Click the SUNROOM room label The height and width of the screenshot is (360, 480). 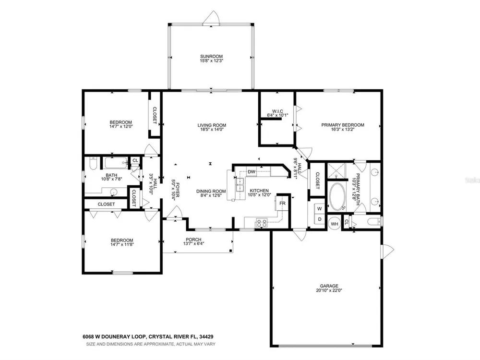(x=211, y=56)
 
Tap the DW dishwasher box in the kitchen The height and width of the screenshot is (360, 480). (x=252, y=172)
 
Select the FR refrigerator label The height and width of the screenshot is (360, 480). (x=282, y=203)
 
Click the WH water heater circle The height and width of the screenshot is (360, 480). (x=334, y=224)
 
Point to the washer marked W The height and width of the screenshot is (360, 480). (x=320, y=209)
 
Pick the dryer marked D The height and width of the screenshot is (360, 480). (x=320, y=219)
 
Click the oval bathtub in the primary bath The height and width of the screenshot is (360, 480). (x=337, y=196)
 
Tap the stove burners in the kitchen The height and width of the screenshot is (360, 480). (x=262, y=223)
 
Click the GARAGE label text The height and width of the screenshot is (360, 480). (x=329, y=286)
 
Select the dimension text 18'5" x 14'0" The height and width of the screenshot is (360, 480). (x=211, y=130)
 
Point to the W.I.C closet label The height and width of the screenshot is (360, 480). (x=277, y=111)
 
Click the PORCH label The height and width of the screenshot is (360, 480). (x=193, y=240)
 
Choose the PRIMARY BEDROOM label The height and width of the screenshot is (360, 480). (x=343, y=125)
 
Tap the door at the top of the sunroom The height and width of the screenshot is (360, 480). (x=211, y=18)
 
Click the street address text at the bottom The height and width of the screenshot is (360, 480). (x=148, y=337)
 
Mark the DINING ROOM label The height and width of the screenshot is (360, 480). (x=211, y=192)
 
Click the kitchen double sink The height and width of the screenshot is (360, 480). (x=240, y=185)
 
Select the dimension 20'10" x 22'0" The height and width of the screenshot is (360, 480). (x=329, y=290)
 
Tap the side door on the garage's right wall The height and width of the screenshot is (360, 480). (x=387, y=251)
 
